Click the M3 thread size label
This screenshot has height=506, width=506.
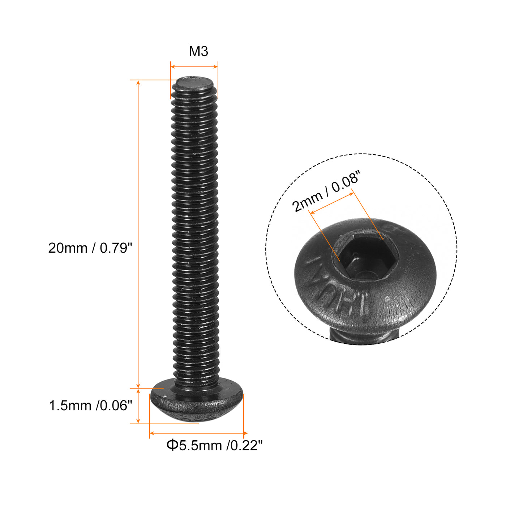click(x=198, y=52)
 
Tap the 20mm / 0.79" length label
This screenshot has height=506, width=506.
click(x=90, y=248)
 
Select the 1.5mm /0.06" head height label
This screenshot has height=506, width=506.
click(x=90, y=406)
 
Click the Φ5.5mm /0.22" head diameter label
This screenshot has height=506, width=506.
click(x=214, y=445)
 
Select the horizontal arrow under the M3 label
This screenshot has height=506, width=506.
click(x=194, y=67)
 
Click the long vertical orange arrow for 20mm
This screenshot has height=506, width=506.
click(x=138, y=235)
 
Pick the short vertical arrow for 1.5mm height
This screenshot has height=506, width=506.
click(x=138, y=406)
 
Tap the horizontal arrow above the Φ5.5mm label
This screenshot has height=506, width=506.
click(x=198, y=433)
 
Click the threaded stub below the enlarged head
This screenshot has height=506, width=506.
click(x=365, y=336)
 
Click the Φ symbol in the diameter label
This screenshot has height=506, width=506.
click(x=172, y=445)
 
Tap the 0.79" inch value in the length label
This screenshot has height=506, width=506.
click(x=116, y=248)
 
